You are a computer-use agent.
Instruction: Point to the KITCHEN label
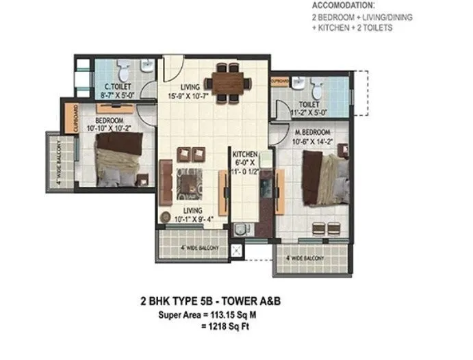pos(244,154)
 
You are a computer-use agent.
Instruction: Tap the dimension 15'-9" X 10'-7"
pos(190,97)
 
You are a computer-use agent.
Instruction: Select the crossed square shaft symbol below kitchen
pos(236,251)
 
